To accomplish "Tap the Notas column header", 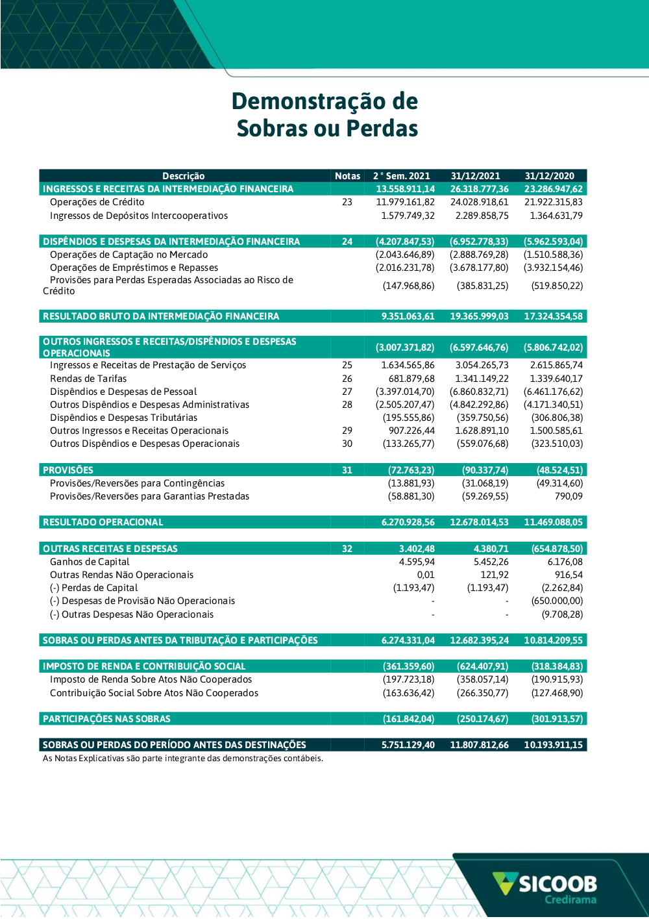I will point(347,176).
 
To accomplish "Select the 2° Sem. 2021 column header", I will point(402,176).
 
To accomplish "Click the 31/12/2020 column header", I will point(549,176).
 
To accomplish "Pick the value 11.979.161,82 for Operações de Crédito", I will point(406,202).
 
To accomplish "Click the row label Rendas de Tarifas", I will point(88,379).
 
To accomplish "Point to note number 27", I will point(347,392).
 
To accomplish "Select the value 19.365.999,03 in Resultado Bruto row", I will point(479,316).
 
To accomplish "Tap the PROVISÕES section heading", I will point(68,470).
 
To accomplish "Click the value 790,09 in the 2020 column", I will point(569,496).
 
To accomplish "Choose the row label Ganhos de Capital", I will point(90,562).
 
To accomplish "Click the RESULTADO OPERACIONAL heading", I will point(103,522).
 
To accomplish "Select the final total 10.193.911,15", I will point(553,745).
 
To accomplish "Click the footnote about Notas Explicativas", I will point(182,759).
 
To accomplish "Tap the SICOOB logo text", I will point(557,884).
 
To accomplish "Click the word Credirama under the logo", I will point(570,900).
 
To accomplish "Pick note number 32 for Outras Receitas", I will point(347,549).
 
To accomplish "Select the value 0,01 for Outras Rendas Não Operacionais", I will point(426,575).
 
